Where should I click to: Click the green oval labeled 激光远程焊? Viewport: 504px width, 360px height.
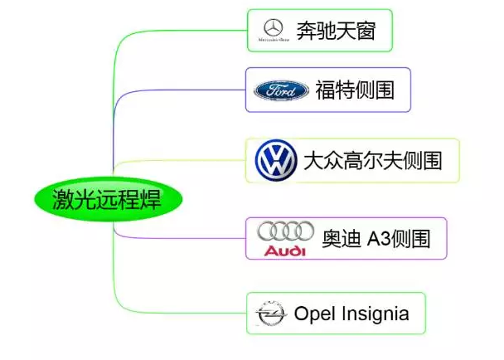(x=107, y=199)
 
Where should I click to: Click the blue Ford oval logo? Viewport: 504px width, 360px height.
(x=281, y=90)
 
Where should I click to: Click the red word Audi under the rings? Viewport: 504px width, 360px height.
(x=285, y=250)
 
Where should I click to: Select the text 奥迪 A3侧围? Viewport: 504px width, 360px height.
(x=376, y=239)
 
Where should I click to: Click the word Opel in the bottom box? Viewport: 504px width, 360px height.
(x=313, y=314)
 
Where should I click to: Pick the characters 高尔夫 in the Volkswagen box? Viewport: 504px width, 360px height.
(x=372, y=160)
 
